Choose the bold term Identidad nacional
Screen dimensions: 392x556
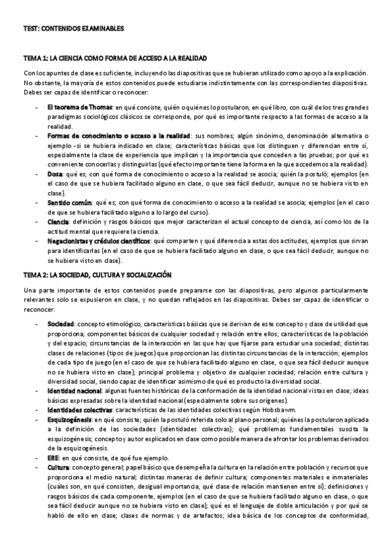click(x=74, y=391)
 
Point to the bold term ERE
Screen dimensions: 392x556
click(x=53, y=458)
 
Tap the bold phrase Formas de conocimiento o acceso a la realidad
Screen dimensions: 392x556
click(x=116, y=136)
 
